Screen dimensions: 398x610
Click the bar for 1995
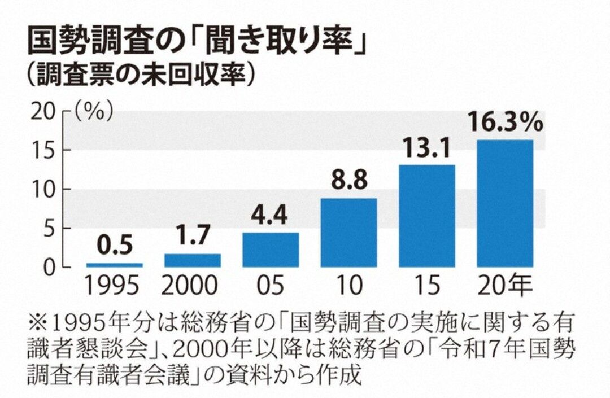click(114, 264)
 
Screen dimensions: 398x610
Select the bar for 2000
click(193, 260)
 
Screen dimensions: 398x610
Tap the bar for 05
click(271, 250)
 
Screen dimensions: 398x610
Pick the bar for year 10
click(348, 233)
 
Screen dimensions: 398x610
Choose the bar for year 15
click(427, 216)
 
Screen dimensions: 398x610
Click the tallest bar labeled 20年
click(505, 203)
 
